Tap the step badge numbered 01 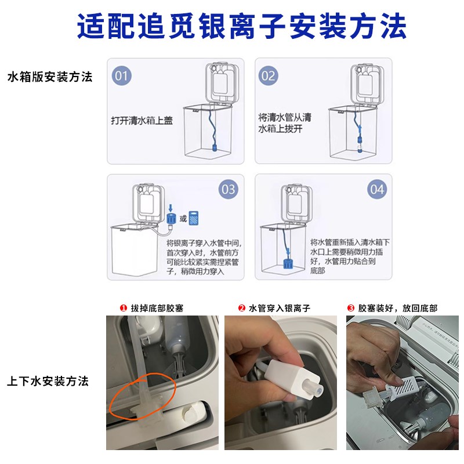pos(122,75)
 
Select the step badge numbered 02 pos(268,75)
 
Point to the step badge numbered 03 pos(229,189)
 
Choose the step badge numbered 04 pos(377,189)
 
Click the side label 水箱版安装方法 pos(49,77)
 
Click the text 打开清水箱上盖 pos(142,121)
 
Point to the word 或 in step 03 pos(183,218)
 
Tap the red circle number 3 pos(350,308)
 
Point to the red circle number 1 pos(122,308)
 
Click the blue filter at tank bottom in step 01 pos(212,147)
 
